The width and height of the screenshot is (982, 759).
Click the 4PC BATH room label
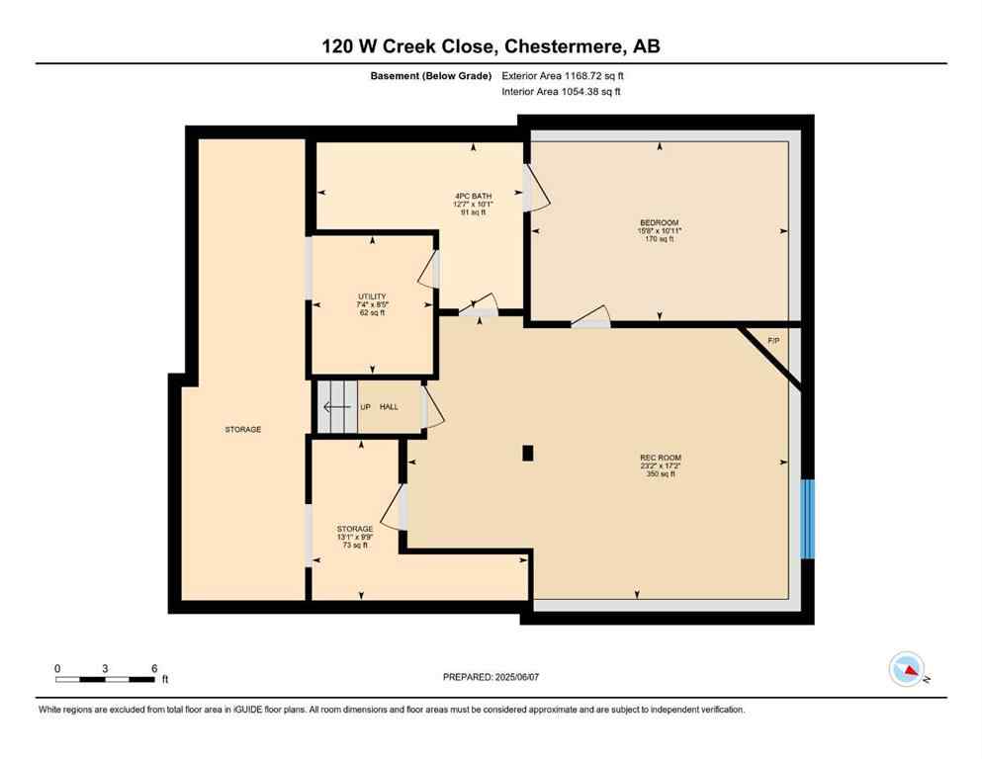click(x=473, y=196)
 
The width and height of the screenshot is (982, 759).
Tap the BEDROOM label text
click(x=659, y=222)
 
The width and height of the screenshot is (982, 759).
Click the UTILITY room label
click(x=372, y=296)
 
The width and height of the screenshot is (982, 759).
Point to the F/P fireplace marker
click(x=774, y=341)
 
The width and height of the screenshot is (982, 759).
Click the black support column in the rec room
click(x=528, y=453)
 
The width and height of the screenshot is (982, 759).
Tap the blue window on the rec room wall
click(x=807, y=519)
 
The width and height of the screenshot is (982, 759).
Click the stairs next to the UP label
click(x=335, y=406)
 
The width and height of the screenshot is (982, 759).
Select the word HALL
click(x=389, y=406)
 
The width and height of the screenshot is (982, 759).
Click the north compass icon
click(x=907, y=670)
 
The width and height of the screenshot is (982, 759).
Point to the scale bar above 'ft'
click(x=106, y=679)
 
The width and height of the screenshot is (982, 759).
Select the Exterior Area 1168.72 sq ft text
click(x=563, y=76)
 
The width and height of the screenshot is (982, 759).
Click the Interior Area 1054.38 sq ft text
click(x=562, y=92)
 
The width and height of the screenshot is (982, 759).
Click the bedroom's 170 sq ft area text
click(x=659, y=239)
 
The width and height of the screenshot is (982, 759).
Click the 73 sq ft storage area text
click(x=354, y=546)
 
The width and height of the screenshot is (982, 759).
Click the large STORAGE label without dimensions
click(x=242, y=429)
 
